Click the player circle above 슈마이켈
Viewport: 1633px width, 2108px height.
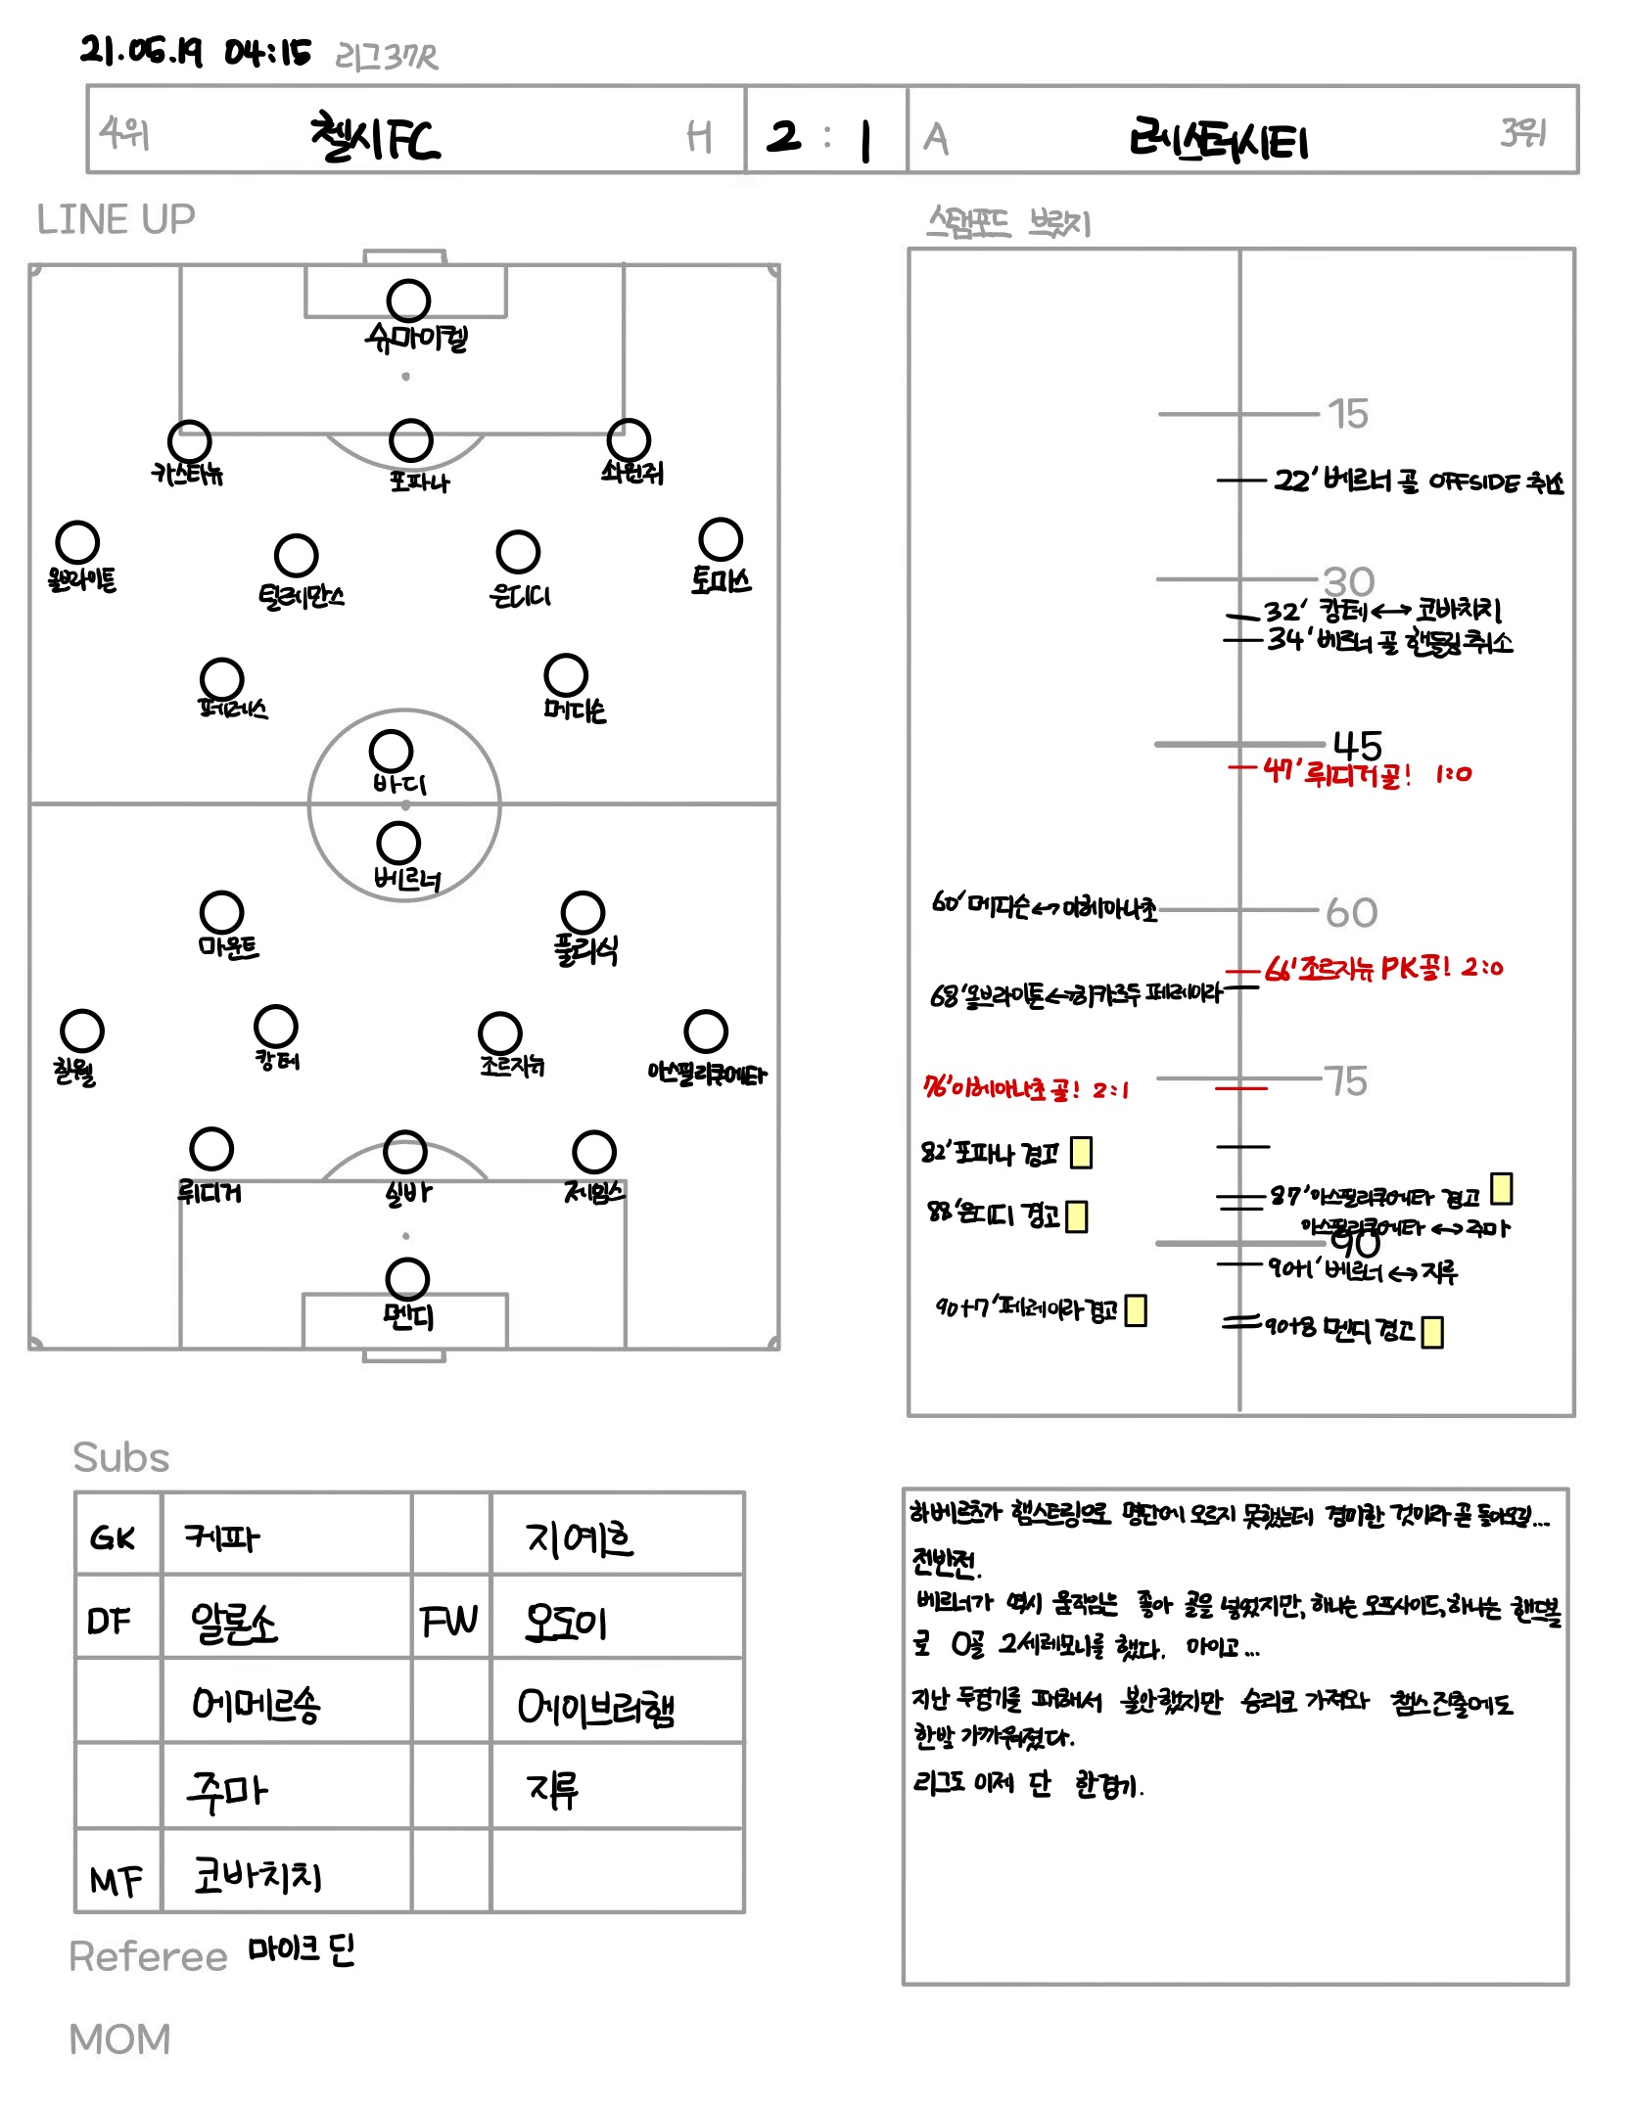pyautogui.click(x=408, y=300)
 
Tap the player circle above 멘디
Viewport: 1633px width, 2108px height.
pyautogui.click(x=407, y=1279)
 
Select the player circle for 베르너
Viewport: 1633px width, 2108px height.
pyautogui.click(x=398, y=843)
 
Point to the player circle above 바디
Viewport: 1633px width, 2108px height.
pyautogui.click(x=391, y=751)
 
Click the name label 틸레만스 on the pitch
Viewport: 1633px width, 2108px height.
pyautogui.click(x=301, y=596)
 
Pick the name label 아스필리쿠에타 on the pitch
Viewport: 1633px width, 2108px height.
pyautogui.click(x=707, y=1074)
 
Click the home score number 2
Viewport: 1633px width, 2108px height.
pyautogui.click(x=783, y=136)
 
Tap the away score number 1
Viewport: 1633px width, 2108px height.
pyautogui.click(x=864, y=141)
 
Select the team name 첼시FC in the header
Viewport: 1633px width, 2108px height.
pyautogui.click(x=375, y=138)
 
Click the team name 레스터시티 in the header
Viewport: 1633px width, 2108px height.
pyautogui.click(x=1218, y=141)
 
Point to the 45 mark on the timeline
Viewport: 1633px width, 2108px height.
pyautogui.click(x=1357, y=746)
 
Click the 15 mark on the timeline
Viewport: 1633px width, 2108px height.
pyautogui.click(x=1348, y=414)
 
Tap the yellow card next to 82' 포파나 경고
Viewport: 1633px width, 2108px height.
pyautogui.click(x=1081, y=1152)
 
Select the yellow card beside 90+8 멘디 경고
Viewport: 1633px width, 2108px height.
pyautogui.click(x=1431, y=1332)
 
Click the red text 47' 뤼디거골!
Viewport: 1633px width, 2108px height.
pyautogui.click(x=1337, y=774)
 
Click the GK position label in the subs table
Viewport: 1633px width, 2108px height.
pyautogui.click(x=113, y=1538)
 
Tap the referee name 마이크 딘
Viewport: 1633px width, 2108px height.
pyautogui.click(x=301, y=1949)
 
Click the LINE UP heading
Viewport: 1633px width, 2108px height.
pyautogui.click(x=116, y=219)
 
